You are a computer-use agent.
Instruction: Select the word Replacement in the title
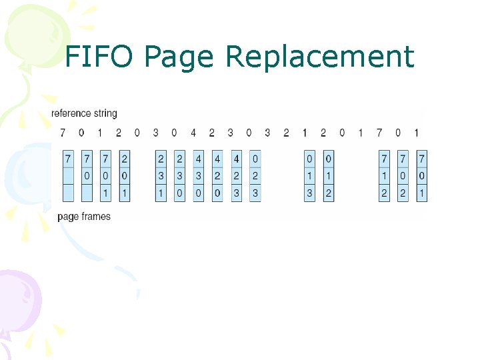[x=320, y=57]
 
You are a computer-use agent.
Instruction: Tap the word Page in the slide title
[x=177, y=58]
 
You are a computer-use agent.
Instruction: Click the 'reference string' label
[x=84, y=114]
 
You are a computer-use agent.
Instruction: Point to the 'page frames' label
[x=84, y=216]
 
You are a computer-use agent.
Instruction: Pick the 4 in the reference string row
[x=193, y=133]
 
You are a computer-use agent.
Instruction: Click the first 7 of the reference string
[x=63, y=133]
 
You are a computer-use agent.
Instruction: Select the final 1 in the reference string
[x=417, y=133]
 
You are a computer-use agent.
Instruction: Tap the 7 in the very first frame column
[x=67, y=159]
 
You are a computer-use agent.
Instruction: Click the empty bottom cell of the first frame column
[x=67, y=193]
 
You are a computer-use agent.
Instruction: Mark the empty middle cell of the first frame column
[x=67, y=177]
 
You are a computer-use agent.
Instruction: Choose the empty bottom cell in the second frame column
[x=87, y=193]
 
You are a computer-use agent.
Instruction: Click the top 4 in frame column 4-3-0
[x=199, y=159]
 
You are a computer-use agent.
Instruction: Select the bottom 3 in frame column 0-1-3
[x=309, y=193]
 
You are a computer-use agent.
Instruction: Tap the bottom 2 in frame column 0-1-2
[x=328, y=193]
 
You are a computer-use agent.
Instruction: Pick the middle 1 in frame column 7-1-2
[x=385, y=177]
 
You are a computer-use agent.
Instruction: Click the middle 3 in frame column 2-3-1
[x=161, y=177]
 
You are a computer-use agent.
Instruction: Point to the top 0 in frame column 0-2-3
[x=255, y=159]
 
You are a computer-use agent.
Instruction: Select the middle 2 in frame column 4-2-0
[x=217, y=177]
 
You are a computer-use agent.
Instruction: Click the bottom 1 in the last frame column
[x=421, y=193]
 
